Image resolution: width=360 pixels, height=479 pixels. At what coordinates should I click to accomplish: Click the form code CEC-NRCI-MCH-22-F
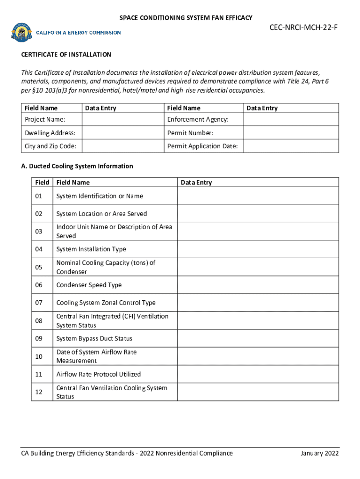303,28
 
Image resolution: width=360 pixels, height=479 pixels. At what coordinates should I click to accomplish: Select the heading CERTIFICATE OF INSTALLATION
66,55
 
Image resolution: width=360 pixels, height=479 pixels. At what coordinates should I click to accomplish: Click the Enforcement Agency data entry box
291,120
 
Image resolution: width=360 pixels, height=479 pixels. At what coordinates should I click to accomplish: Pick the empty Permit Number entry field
291,133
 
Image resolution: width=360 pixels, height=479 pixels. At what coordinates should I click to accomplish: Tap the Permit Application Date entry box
291,146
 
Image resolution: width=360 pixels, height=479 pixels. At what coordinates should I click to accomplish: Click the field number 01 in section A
38,196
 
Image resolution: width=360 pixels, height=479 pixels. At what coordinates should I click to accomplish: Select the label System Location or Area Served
101,214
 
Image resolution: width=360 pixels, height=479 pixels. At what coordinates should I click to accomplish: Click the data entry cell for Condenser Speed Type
258,285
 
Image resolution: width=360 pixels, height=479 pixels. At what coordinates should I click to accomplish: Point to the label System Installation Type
91,249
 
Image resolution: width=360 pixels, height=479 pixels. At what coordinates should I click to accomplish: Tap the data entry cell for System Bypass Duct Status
258,339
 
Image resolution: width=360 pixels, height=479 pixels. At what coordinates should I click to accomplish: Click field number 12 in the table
38,392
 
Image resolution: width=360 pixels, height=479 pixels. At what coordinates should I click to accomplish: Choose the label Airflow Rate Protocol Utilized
99,374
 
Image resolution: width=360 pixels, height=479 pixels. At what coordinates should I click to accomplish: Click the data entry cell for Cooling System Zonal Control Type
258,303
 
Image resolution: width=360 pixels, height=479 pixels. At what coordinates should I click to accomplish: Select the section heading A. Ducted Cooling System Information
77,166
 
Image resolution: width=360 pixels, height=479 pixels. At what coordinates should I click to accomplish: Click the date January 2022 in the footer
320,453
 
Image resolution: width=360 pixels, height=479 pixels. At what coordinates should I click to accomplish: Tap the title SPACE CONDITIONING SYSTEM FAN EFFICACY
186,18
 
